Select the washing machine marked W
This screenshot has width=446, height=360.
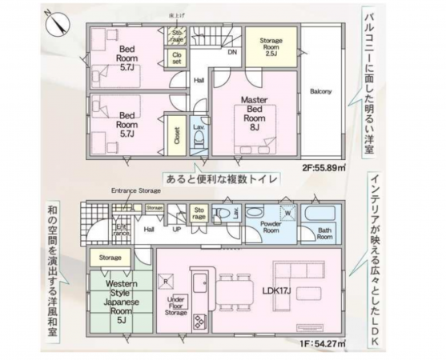(x=287, y=212)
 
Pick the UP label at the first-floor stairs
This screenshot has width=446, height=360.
(x=175, y=229)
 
